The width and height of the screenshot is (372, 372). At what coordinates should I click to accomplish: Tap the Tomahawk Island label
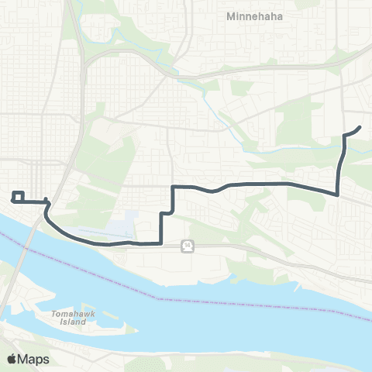pos(72,319)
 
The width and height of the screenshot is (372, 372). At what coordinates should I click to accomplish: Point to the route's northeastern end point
pos(360,127)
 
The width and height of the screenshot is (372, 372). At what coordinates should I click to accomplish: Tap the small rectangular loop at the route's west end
pos(19,196)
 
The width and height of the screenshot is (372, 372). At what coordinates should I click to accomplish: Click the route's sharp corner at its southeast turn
pos(337,194)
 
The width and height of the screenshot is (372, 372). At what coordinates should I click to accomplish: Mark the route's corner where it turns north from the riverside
pos(160,243)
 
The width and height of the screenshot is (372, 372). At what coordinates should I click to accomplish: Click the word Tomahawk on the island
pos(72,314)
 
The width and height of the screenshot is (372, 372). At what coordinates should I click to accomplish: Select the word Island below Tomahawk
pos(72,323)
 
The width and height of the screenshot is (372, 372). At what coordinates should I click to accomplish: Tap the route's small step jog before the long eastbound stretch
pos(166,212)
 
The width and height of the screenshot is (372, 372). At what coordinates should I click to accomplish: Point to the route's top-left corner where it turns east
pos(172,187)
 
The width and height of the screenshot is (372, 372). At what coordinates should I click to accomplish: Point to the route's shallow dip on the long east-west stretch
pos(211,190)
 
